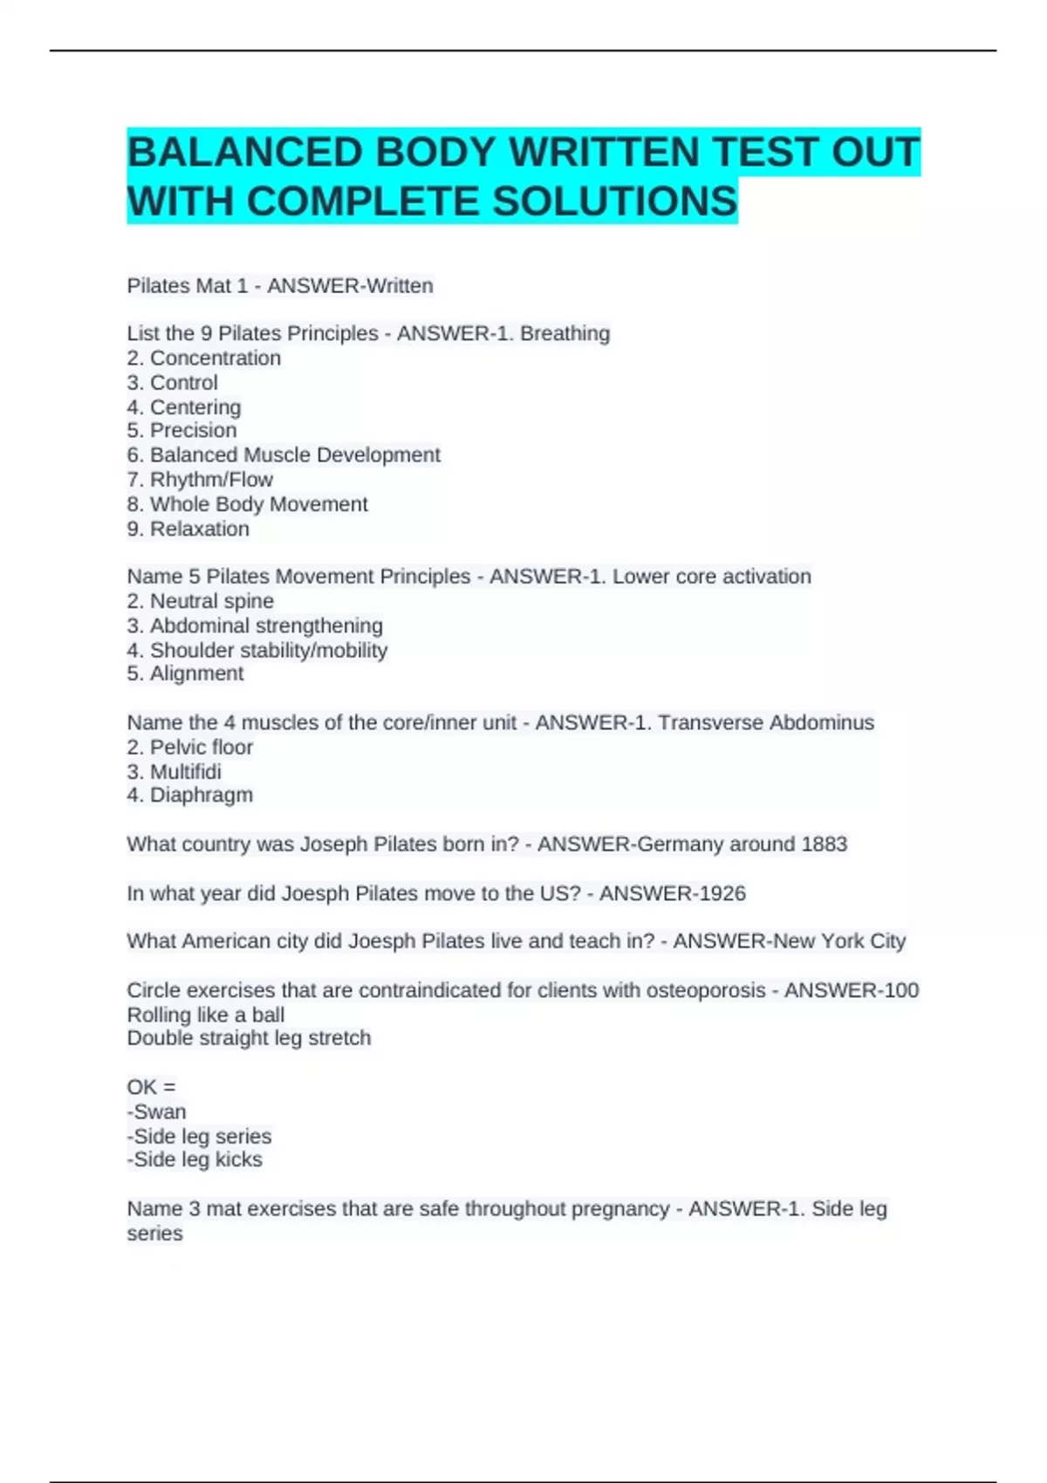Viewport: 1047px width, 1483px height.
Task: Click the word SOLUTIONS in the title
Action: (615, 202)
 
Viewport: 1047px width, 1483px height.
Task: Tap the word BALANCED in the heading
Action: (245, 153)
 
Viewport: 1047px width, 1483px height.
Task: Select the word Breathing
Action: (565, 333)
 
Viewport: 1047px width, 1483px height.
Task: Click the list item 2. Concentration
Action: (204, 358)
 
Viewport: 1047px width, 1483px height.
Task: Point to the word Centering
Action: (195, 407)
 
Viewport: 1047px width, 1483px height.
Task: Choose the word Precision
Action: (193, 430)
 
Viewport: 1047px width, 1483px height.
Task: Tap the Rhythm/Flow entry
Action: (211, 479)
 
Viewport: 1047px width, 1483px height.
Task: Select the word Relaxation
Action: (199, 529)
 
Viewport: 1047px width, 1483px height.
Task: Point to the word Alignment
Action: (196, 673)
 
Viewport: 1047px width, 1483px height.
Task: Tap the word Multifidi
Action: (185, 771)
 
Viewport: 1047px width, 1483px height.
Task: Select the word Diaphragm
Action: (201, 795)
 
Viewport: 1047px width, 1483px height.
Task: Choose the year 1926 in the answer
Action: (722, 893)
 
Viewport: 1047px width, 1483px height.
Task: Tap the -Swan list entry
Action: (157, 1111)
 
